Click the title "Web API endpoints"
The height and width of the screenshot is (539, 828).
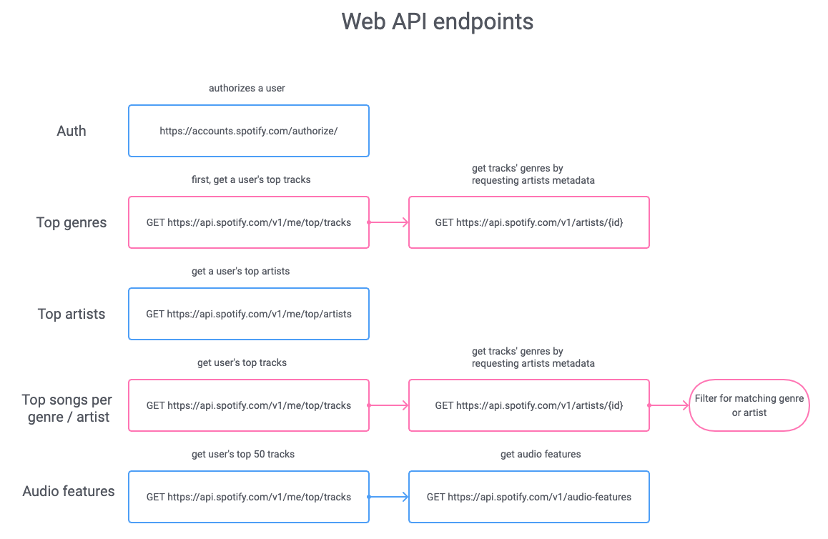point(437,21)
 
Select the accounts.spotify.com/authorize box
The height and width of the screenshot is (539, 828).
point(249,131)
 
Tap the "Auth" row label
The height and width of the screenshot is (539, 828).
point(72,131)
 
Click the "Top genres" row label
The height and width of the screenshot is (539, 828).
point(72,222)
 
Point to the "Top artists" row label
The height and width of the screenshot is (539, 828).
point(72,314)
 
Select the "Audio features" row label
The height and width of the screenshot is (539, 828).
point(69,491)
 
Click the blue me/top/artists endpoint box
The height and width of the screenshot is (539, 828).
point(249,314)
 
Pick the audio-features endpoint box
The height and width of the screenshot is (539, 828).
point(529,497)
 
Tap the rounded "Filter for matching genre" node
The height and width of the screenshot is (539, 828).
point(749,405)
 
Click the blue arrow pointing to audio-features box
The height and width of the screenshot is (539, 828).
point(388,497)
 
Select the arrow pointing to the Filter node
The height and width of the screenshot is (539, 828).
point(669,405)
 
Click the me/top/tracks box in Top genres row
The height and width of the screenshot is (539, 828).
point(249,222)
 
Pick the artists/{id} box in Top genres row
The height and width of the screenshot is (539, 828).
point(529,222)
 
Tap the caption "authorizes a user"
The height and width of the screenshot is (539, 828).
point(247,88)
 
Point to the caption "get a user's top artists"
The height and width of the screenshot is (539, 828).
point(240,271)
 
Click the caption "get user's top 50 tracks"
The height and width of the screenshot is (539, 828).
point(243,454)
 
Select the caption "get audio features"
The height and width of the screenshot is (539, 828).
point(541,454)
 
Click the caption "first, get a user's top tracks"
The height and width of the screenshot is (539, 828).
point(252,179)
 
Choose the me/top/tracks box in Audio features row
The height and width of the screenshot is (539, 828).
point(249,497)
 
